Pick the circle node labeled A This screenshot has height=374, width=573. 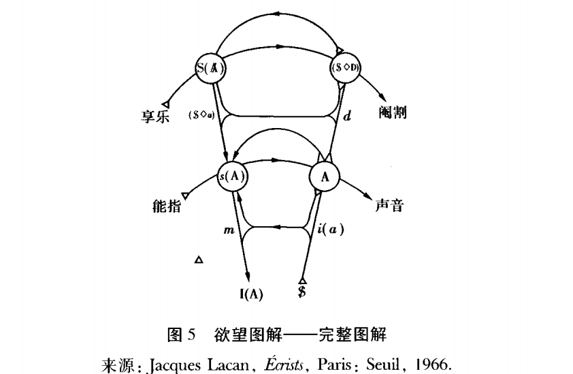tap(325, 176)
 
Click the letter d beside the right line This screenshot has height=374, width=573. tap(346, 117)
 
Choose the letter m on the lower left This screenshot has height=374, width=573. tap(229, 232)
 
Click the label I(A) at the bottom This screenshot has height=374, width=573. tap(250, 294)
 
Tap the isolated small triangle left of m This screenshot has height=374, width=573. tap(199, 259)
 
